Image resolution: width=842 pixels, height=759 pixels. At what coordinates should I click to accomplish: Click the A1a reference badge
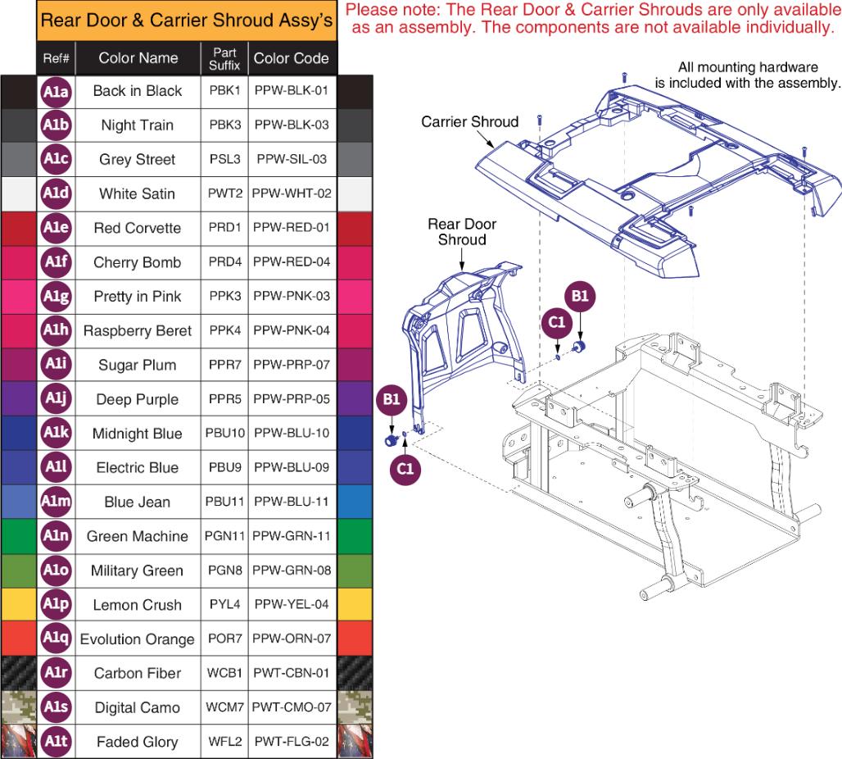pos(56,92)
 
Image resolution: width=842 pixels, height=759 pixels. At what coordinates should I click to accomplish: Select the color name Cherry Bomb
pos(137,262)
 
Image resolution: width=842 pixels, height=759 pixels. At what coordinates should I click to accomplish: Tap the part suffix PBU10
pos(224,434)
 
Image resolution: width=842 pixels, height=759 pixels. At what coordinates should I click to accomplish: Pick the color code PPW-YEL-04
pos(292,605)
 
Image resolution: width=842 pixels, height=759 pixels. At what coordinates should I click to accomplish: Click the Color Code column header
pos(292,58)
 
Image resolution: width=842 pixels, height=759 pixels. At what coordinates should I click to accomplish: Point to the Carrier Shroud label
pos(469,122)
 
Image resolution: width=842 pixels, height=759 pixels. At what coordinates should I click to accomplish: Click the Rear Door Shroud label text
pos(462,232)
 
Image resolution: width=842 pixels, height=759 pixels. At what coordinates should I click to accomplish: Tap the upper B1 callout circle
pos(580,297)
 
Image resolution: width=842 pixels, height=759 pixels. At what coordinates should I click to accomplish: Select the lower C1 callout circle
pos(405,467)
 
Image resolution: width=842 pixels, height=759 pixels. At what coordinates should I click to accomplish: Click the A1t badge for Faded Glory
pos(56,742)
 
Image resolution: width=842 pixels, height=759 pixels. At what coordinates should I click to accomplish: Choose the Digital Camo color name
pos(137,707)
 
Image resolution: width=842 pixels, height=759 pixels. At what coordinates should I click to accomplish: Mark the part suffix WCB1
pos(224,673)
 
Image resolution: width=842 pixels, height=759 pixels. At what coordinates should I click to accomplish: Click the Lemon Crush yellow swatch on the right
pos(355,605)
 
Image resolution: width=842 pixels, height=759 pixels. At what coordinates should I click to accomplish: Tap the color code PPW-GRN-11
pos(292,536)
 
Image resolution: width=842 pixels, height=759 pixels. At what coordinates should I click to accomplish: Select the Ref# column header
pos(56,58)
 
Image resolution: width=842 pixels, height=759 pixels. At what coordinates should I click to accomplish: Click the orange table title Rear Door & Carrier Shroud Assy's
pos(187,20)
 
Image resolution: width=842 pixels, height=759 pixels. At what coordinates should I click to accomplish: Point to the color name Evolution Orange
pos(137,639)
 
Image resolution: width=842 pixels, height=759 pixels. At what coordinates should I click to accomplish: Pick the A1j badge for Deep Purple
pos(56,399)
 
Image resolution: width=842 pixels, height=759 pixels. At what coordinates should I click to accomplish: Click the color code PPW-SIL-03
pos(292,159)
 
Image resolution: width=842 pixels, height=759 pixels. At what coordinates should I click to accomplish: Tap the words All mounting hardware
pos(748,67)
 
